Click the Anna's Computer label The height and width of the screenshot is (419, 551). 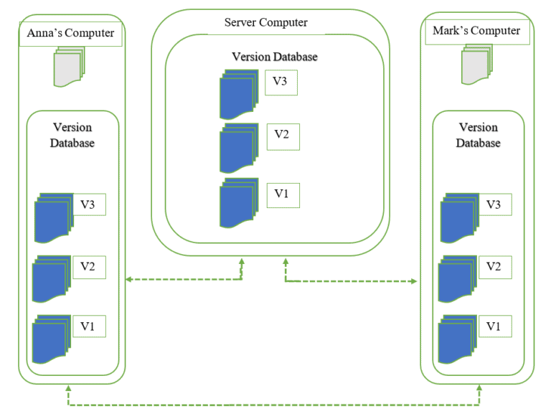coord(70,34)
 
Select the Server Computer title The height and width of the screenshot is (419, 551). coord(265,23)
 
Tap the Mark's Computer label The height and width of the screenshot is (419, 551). coord(476,32)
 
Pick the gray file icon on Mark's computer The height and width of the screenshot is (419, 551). coord(476,63)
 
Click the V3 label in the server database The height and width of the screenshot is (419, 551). coord(281,82)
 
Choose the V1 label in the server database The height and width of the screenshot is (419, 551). coord(282,194)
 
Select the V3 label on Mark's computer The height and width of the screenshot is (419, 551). coord(494,205)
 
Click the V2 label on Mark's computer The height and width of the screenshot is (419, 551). coord(494,267)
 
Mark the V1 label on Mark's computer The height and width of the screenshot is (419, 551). coord(494,326)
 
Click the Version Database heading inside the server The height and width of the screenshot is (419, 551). coord(274,57)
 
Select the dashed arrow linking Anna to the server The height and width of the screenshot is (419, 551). coord(184,279)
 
